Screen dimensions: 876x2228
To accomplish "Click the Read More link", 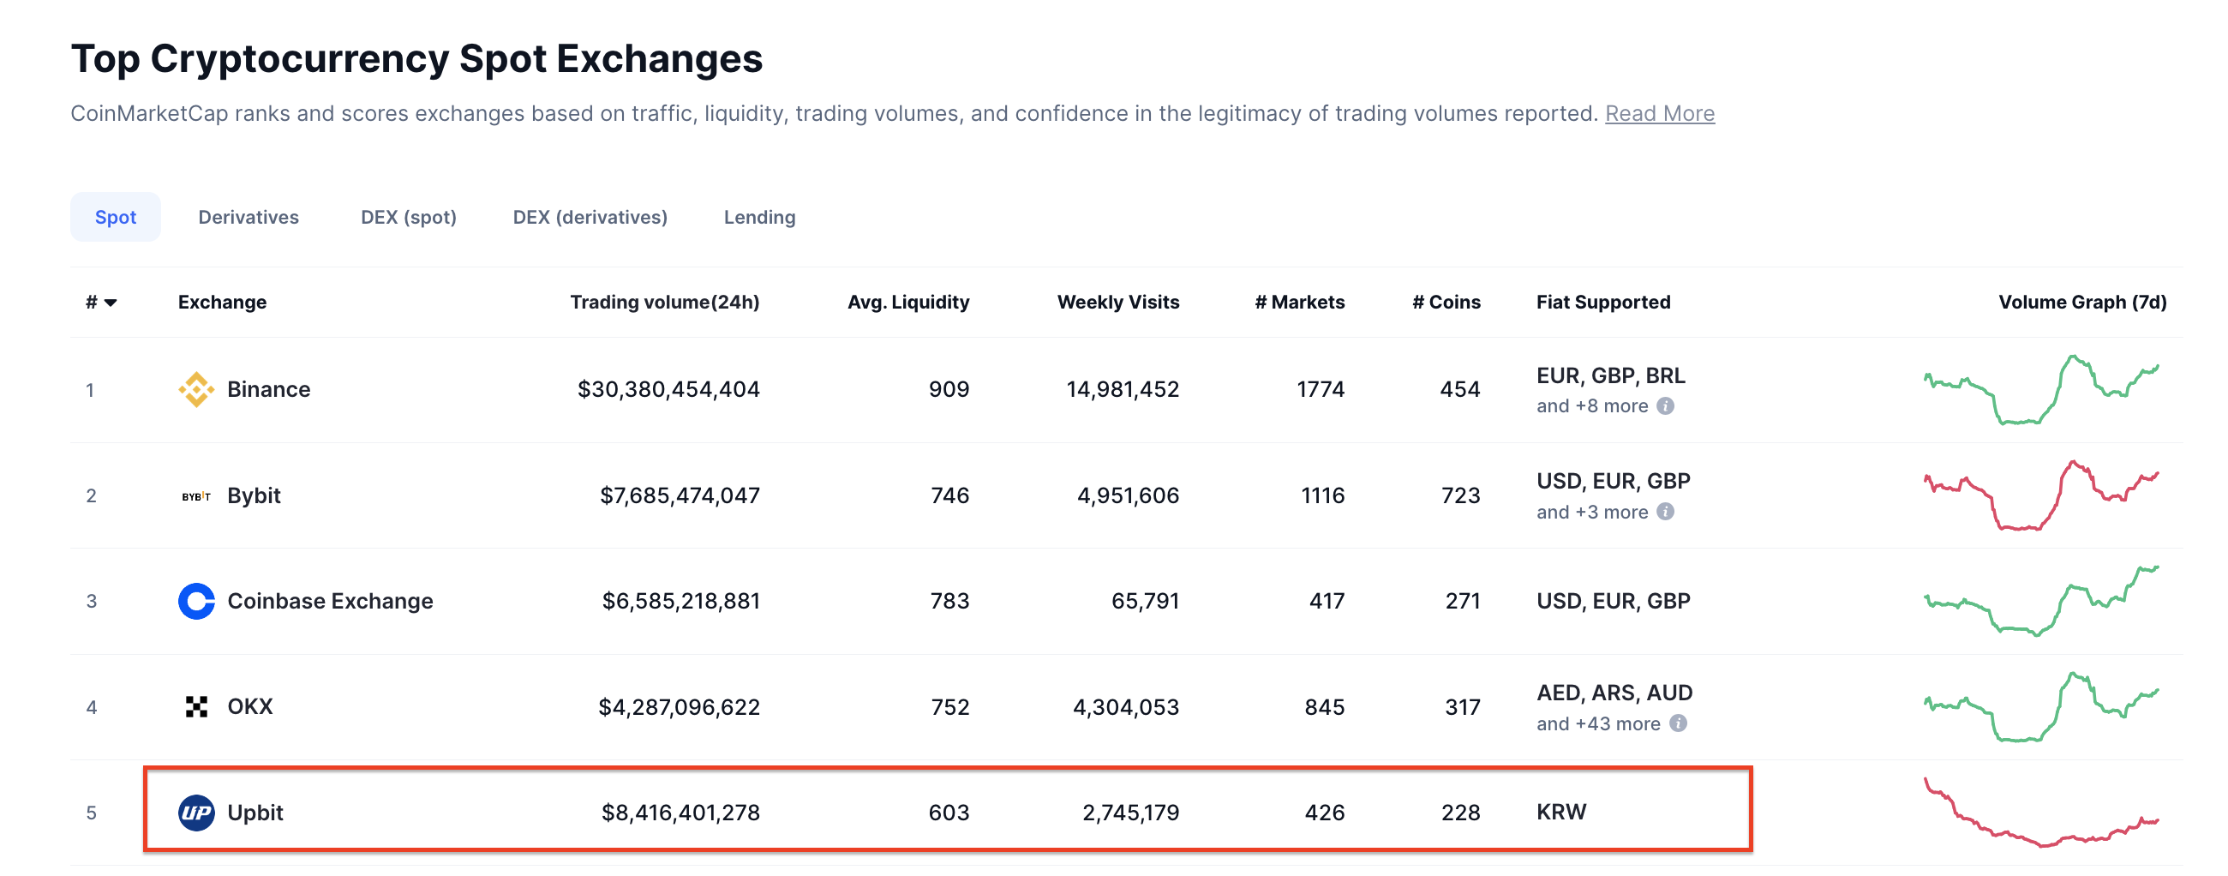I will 1659,113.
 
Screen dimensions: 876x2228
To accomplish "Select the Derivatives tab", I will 249,217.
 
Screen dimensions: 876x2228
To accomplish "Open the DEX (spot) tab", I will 408,217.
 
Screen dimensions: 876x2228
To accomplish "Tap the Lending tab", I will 758,217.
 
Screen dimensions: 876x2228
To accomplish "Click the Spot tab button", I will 115,217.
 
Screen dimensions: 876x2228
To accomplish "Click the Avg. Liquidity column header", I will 907,302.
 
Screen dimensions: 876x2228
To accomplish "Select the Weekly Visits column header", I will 1117,302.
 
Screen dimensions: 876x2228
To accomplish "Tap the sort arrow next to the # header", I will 111,303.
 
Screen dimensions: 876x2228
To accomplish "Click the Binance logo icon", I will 196,389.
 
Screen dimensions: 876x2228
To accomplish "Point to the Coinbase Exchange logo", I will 196,601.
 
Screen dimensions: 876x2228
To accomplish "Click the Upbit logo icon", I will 196,812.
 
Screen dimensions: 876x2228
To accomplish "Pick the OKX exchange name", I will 250,706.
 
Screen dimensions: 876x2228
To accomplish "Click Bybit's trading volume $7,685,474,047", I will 679,495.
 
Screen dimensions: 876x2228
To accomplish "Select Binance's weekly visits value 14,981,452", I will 1122,389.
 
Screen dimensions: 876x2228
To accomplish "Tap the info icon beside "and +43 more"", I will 1677,723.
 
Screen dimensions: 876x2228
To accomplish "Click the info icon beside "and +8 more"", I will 1665,405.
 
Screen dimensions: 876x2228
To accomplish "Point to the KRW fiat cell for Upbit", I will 1560,812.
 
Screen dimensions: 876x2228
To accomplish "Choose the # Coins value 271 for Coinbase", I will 1462,601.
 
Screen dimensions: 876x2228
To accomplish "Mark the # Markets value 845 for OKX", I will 1323,706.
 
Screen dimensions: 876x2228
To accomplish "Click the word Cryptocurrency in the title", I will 299,59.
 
